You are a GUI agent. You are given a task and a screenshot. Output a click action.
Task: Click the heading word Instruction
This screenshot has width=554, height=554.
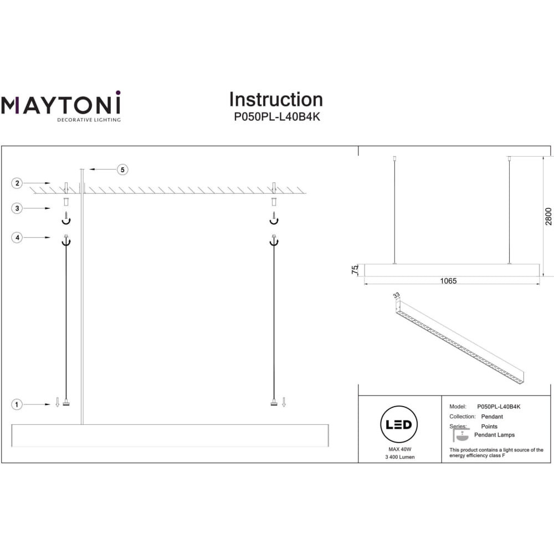click(276, 100)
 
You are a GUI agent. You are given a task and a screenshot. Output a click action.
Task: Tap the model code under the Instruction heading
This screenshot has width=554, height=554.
click(277, 116)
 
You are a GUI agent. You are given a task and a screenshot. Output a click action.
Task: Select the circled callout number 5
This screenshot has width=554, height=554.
click(122, 170)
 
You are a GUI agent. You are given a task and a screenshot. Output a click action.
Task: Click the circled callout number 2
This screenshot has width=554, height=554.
click(17, 183)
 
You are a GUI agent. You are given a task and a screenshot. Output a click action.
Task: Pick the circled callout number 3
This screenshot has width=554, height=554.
click(17, 208)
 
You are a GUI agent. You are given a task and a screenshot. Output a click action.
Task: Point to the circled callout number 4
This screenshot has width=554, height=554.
click(17, 238)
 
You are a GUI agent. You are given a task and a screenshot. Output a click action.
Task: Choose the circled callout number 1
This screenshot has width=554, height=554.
click(17, 404)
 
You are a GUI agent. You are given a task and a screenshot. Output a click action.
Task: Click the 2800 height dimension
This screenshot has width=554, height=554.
click(548, 217)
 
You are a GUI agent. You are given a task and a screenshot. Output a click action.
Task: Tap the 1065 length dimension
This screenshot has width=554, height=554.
click(448, 281)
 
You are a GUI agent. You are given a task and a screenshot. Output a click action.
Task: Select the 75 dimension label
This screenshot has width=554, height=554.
click(355, 270)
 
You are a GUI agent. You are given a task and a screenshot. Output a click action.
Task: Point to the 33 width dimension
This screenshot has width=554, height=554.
click(397, 295)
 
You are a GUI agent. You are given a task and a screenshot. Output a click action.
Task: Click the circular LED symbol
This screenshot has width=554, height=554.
click(399, 424)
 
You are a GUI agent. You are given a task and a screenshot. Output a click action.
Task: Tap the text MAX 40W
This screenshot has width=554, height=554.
click(400, 449)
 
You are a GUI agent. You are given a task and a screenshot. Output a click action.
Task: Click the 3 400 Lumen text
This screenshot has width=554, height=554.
click(400, 457)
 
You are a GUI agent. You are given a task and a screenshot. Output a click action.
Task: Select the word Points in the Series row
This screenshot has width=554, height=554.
click(489, 427)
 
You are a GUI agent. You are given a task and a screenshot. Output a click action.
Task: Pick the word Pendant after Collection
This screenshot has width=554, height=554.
click(492, 417)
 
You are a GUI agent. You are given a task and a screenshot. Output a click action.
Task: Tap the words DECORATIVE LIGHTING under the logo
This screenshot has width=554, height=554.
click(89, 120)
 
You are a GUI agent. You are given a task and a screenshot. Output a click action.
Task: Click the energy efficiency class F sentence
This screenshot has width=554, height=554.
click(496, 453)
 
